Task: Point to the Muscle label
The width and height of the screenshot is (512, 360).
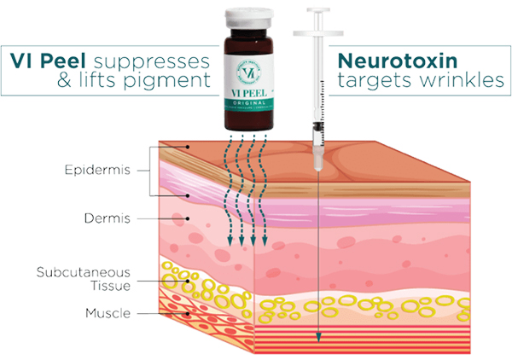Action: point(107,314)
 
